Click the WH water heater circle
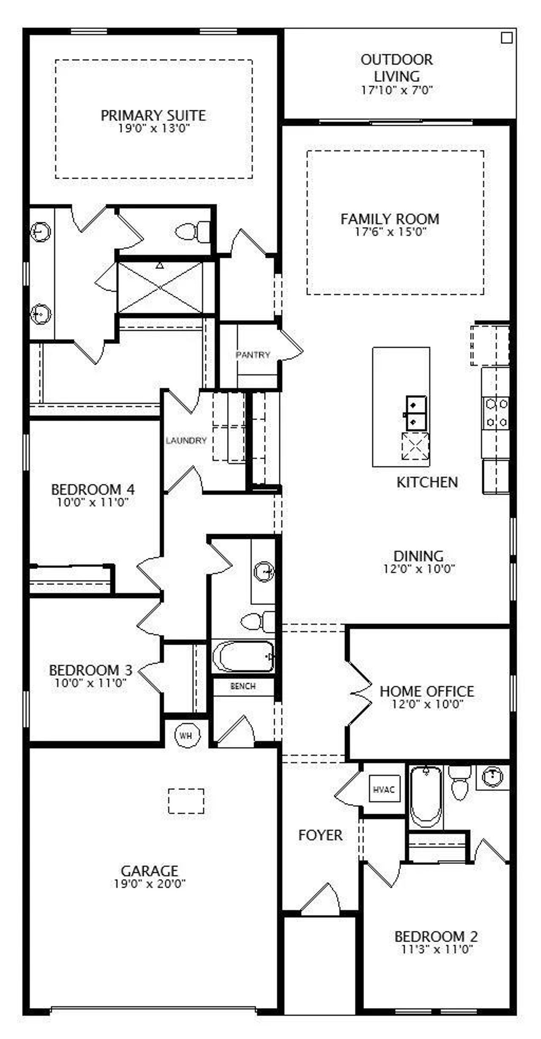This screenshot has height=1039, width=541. (186, 735)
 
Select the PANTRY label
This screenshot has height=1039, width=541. (253, 355)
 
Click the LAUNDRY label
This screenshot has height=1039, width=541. (186, 440)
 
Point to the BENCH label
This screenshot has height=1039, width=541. (243, 686)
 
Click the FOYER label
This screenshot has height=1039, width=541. (320, 835)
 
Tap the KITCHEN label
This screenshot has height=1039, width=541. (427, 482)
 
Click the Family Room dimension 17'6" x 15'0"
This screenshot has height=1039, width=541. (390, 232)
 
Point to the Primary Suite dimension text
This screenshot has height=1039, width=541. (153, 129)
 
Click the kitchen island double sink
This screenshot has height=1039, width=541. (416, 413)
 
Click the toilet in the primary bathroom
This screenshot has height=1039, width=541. (193, 231)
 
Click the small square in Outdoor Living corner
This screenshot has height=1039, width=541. (507, 38)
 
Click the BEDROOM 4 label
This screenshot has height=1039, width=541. (93, 489)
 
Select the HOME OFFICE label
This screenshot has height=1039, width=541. (427, 691)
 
